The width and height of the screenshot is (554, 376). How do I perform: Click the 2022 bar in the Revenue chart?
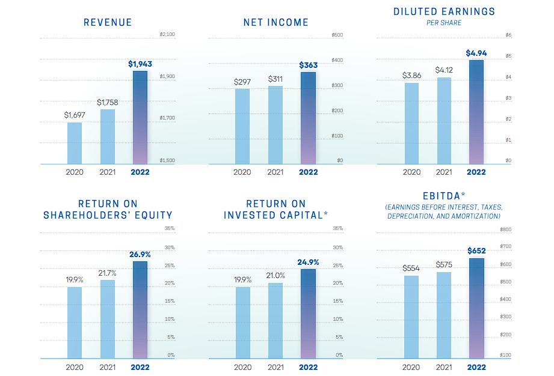pos(140,118)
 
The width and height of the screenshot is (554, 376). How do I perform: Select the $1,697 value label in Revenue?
pos(75,114)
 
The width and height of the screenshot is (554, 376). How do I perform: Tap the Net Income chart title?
pos(276,23)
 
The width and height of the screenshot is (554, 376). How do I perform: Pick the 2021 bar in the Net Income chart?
pos(275,125)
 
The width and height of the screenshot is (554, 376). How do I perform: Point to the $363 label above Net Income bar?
pos(309,64)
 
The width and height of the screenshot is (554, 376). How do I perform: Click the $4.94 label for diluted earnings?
pos(476,53)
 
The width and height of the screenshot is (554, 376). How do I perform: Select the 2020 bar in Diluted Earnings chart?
pos(411,124)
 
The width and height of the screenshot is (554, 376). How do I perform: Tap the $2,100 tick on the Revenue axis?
pos(167,35)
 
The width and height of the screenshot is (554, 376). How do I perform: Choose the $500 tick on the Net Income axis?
pos(337,35)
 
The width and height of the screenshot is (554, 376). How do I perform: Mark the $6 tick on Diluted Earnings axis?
pos(509,35)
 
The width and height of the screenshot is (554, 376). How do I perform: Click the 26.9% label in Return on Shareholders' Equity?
pos(140,254)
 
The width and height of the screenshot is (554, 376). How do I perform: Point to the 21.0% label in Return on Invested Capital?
pos(275,275)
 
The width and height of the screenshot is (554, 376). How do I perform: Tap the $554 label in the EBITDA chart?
pos(411,268)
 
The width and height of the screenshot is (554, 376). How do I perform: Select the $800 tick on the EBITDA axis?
pos(506,229)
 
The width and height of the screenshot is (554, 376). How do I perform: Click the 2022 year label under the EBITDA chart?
pos(476,367)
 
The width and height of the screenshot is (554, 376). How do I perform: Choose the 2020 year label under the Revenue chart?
pos(75,172)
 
